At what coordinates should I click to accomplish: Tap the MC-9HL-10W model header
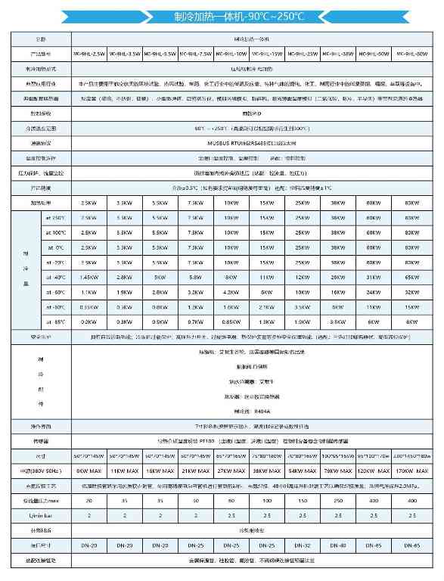pos(231,54)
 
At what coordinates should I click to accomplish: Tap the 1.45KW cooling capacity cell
pos(88,278)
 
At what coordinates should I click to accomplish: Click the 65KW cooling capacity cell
pos(412,278)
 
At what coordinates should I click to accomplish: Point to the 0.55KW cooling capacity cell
pos(88,307)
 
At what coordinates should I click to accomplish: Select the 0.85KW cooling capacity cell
pos(231,322)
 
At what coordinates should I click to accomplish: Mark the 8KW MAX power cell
pos(88,471)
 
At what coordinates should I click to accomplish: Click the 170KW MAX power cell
pos(412,471)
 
